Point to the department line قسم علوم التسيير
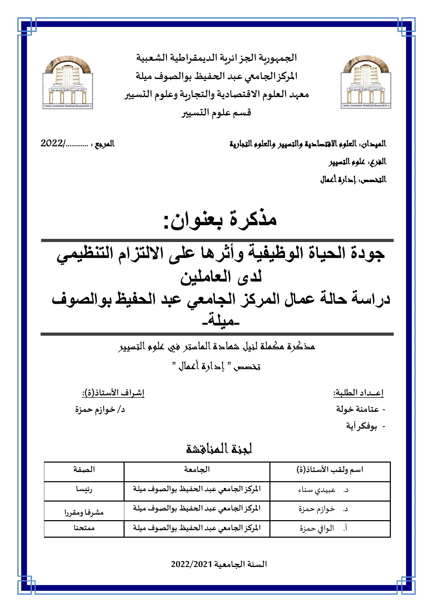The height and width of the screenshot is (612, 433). click(x=216, y=113)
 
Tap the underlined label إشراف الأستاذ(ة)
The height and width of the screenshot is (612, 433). click(x=113, y=393)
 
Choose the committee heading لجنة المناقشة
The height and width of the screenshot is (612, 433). click(x=219, y=449)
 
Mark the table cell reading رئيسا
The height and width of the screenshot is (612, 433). click(x=84, y=490)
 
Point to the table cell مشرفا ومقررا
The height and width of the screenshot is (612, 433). click(x=84, y=512)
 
